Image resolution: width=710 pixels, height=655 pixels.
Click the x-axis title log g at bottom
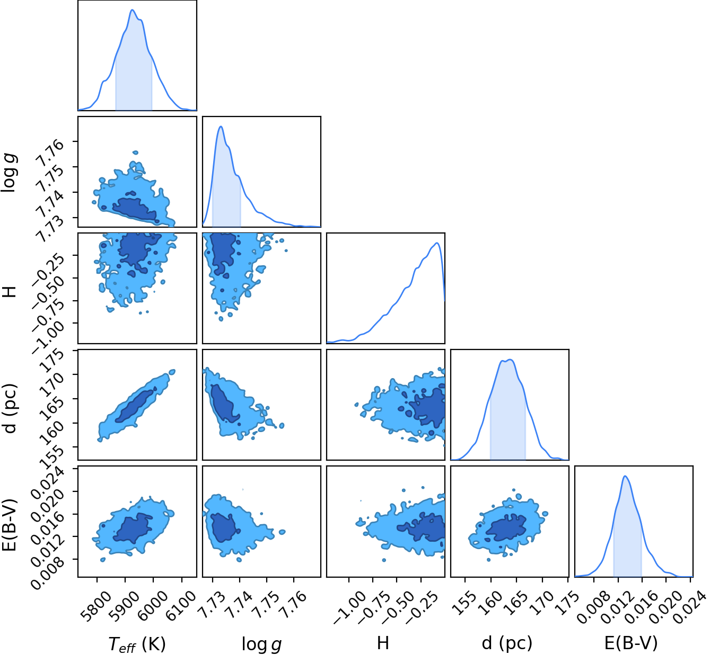point(262,643)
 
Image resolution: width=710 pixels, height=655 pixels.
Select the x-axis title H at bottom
point(383,642)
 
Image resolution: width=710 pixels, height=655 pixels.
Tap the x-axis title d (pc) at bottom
point(507,643)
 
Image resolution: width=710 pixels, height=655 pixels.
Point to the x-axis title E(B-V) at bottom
point(631,643)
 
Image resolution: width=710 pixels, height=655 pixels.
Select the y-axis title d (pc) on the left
point(10,408)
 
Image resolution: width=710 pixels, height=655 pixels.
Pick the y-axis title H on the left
point(10,291)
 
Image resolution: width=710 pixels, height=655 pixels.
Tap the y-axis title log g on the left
point(10,173)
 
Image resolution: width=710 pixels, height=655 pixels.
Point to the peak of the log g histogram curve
point(221,127)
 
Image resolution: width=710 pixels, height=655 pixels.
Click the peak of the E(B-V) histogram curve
point(625,476)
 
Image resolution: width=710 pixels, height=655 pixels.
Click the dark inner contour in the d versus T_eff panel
point(135,406)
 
